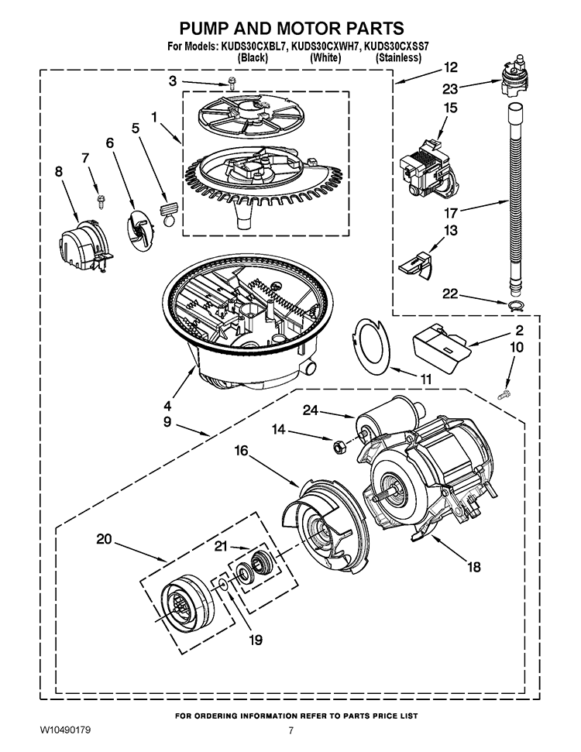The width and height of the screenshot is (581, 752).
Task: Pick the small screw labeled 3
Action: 230,87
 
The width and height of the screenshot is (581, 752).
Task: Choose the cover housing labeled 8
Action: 83,245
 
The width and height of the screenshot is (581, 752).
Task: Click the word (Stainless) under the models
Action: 398,58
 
